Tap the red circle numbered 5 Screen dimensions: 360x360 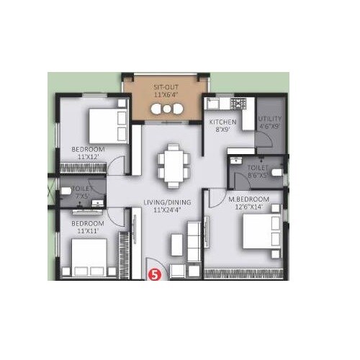pyautogui.click(x=153, y=274)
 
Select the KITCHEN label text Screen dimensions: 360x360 pyautogui.click(x=222, y=122)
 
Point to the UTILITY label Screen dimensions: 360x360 pyautogui.click(x=270, y=119)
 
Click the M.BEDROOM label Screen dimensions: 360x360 pyautogui.click(x=248, y=199)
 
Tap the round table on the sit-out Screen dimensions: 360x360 pyautogui.click(x=167, y=109)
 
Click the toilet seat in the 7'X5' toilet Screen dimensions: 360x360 pyautogui.click(x=66, y=191)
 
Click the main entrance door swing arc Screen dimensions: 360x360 pyautogui.click(x=154, y=264)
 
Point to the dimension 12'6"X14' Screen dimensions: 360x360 pyautogui.click(x=248, y=207)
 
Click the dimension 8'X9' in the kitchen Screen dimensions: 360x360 pyautogui.click(x=222, y=131)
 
